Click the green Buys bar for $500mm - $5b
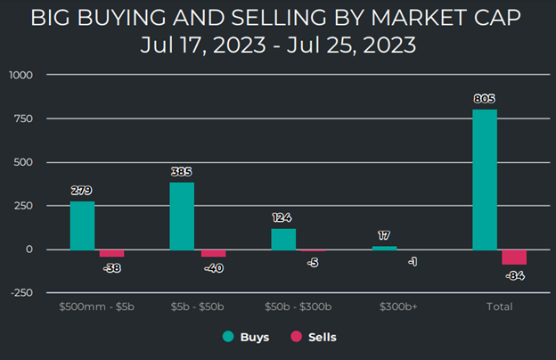pyautogui.click(x=82, y=225)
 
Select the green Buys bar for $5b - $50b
pyautogui.click(x=182, y=217)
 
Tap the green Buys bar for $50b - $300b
pyautogui.click(x=283, y=239)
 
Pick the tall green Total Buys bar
pyautogui.click(x=485, y=180)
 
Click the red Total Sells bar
pyautogui.click(x=514, y=257)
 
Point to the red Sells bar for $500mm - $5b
pyautogui.click(x=111, y=253)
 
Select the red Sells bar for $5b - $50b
pyautogui.click(x=213, y=253)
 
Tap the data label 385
pyautogui.click(x=182, y=171)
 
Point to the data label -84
pyautogui.click(x=515, y=276)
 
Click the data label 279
pyautogui.click(x=82, y=190)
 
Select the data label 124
pyautogui.click(x=283, y=217)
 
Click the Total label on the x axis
pyautogui.click(x=499, y=308)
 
